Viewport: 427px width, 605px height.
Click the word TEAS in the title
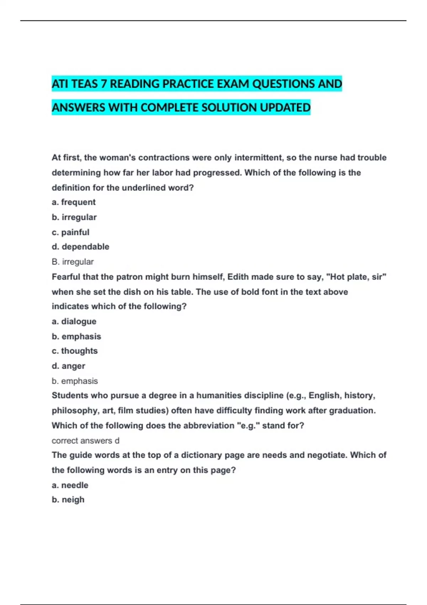[85, 84]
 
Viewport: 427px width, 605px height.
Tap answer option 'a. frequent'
[74, 202]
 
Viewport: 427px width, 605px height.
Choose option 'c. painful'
[70, 232]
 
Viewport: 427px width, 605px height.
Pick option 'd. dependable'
[80, 247]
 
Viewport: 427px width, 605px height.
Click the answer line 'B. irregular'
[73, 262]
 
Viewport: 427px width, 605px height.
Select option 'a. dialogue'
[74, 321]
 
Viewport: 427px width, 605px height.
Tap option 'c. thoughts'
[75, 351]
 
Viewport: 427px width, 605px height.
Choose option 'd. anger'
[68, 366]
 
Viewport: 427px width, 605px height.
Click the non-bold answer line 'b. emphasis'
[75, 381]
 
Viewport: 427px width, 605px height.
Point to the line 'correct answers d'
[85, 441]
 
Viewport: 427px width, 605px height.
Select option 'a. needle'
[70, 485]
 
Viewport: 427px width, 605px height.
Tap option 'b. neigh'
[68, 500]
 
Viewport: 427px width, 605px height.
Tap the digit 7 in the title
[104, 84]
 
